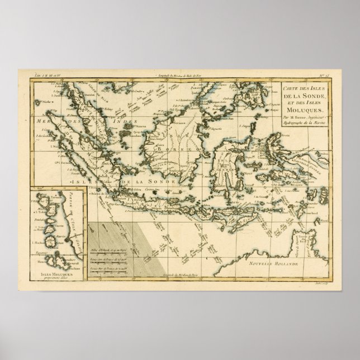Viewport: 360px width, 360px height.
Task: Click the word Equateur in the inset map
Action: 41,250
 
